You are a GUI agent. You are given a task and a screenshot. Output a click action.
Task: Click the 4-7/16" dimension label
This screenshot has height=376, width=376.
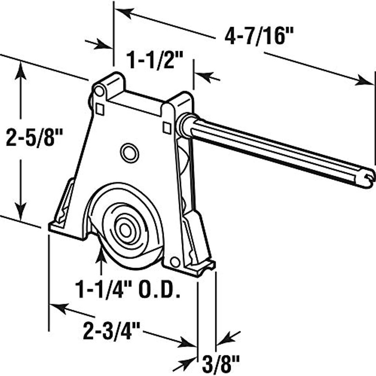259,37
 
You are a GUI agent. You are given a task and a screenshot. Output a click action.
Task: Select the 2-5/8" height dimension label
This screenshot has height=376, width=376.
34,137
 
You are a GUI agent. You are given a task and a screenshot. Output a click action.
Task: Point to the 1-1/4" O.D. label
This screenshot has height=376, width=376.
128,290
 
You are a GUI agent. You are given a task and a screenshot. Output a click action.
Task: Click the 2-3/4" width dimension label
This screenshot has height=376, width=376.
111,331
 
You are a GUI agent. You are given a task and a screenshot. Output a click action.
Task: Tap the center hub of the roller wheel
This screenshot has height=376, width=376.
125,230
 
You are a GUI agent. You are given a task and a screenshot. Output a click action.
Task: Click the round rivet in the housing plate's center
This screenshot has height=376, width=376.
130,153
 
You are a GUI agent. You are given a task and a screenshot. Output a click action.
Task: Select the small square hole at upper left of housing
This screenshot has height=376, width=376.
100,109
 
